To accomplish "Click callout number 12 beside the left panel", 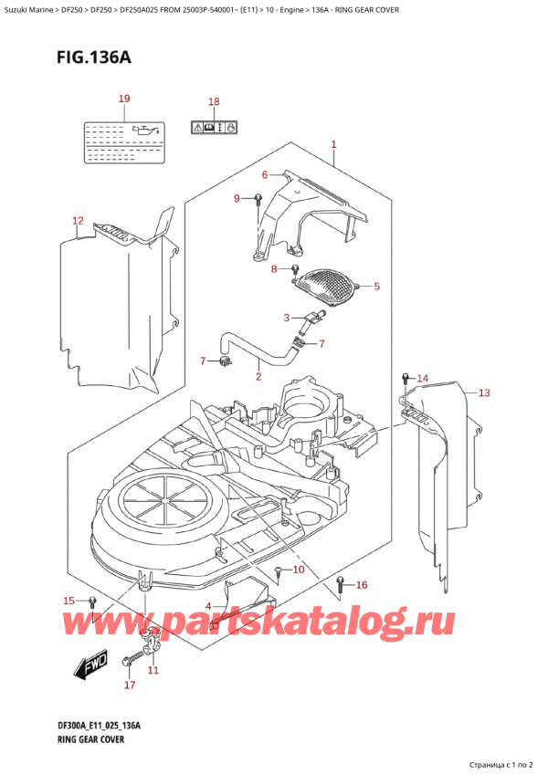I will click(x=78, y=221).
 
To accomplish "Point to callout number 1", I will click(x=334, y=144).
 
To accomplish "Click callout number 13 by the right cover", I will click(x=484, y=393).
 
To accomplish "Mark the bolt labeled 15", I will click(x=92, y=601).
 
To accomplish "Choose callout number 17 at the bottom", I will click(x=129, y=685).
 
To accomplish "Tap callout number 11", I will click(x=153, y=671).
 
